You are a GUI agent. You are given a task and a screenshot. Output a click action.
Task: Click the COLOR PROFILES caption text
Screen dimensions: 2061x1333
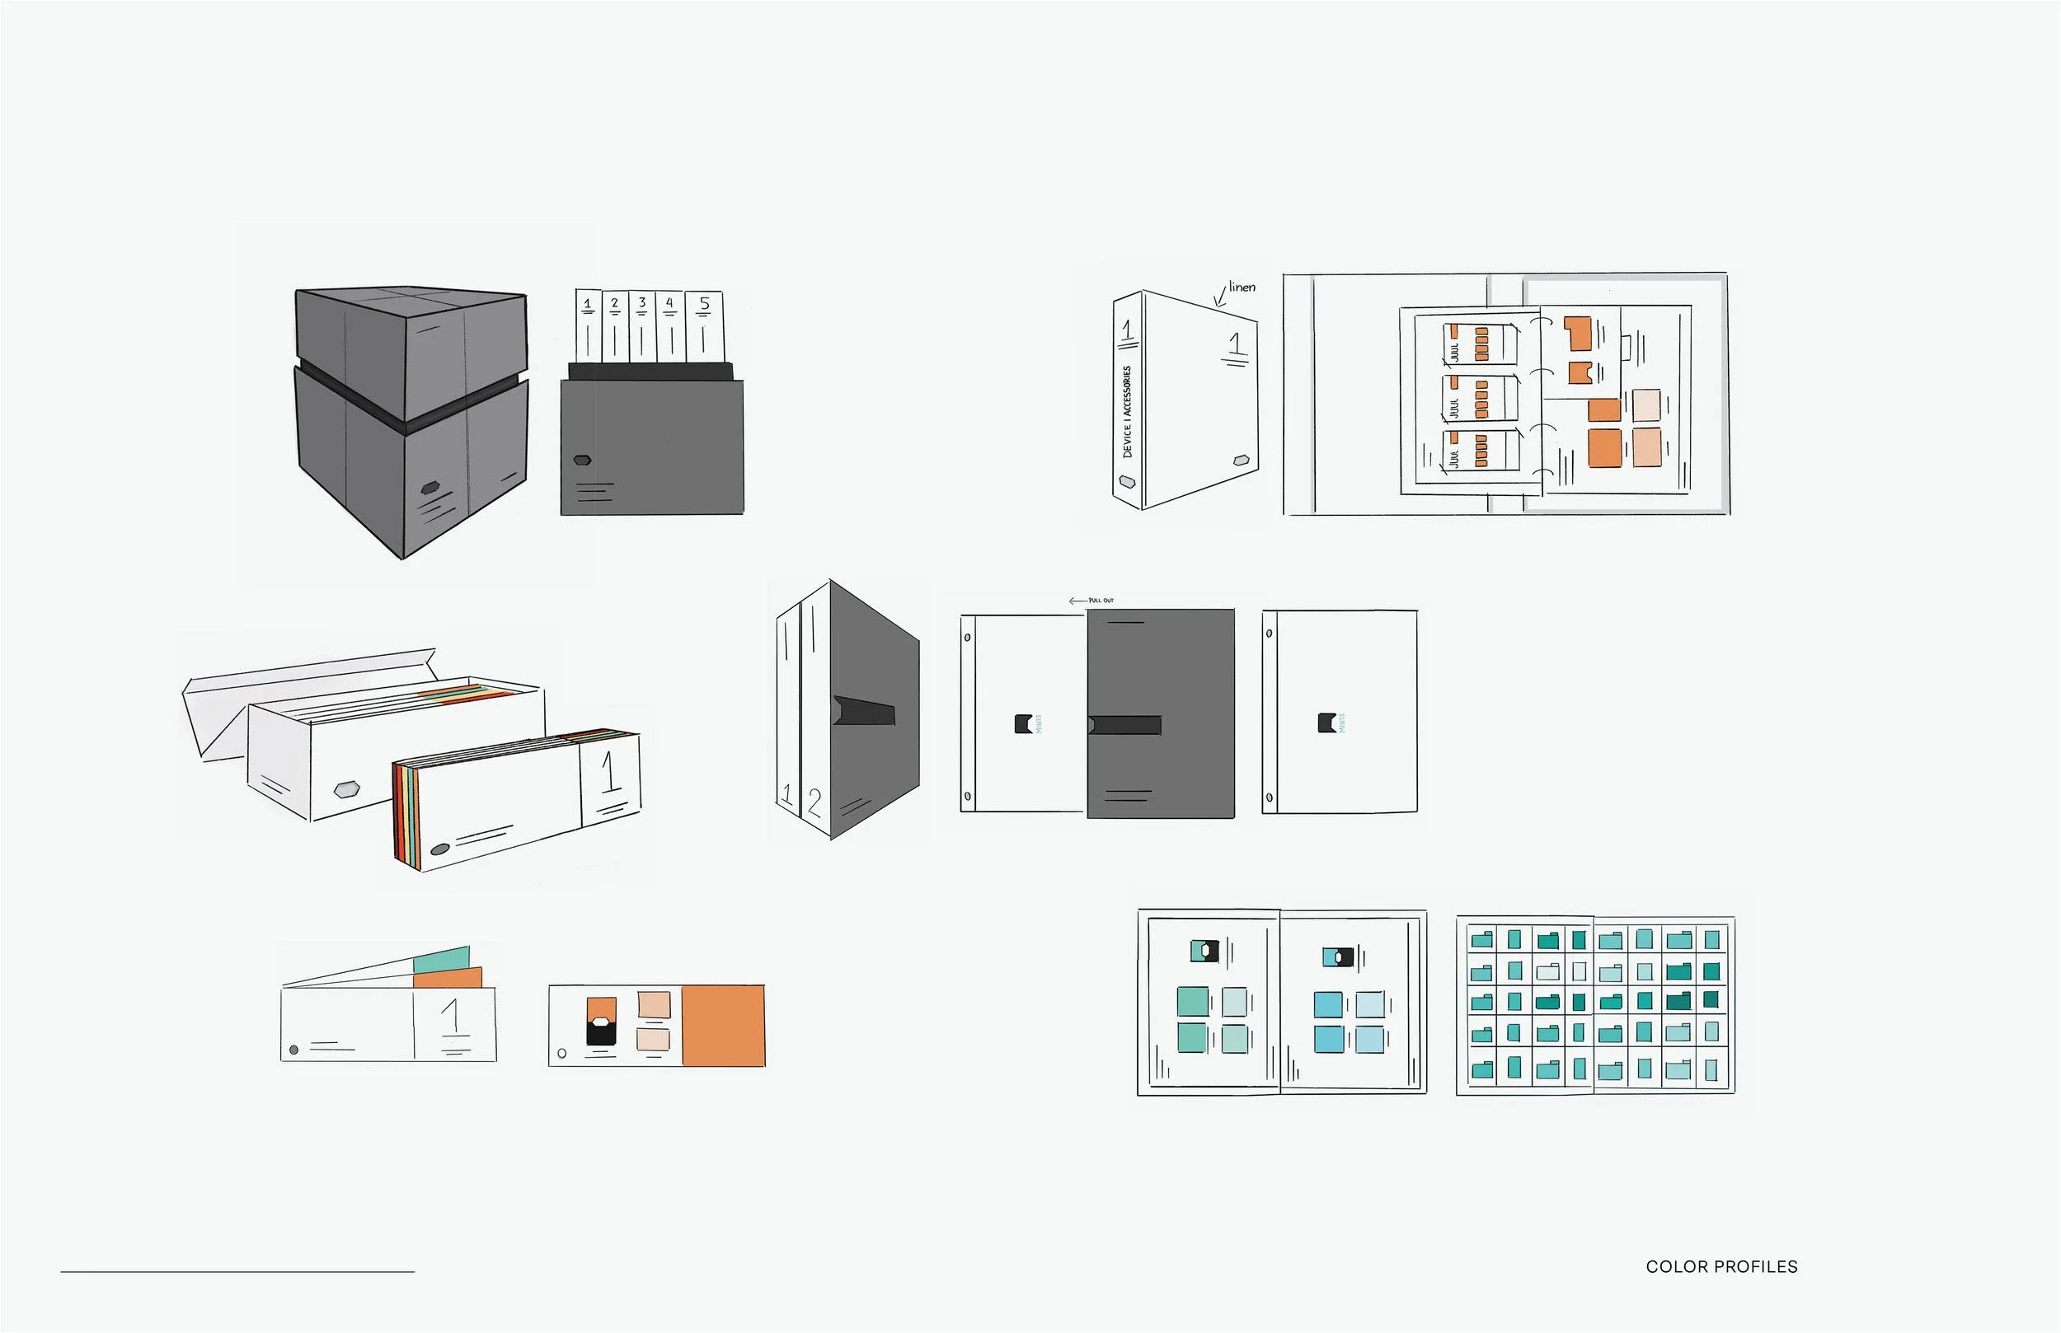pos(1721,1266)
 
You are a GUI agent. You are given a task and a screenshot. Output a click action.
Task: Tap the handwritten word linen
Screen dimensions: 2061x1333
pos(1241,288)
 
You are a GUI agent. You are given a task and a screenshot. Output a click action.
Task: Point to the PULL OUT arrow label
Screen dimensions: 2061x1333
pos(1092,600)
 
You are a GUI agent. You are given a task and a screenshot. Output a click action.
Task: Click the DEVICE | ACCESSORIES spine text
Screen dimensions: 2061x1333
pos(1127,411)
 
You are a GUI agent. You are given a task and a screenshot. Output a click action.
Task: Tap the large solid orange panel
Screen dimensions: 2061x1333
pos(723,1025)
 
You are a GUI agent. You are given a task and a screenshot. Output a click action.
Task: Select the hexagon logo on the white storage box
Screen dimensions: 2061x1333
pos(346,788)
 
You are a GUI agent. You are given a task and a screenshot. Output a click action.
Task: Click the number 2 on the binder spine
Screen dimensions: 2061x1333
pos(814,802)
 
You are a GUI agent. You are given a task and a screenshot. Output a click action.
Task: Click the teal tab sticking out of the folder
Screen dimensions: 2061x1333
pos(442,960)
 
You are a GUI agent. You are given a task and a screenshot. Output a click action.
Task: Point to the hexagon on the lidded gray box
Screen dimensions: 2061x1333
pos(430,489)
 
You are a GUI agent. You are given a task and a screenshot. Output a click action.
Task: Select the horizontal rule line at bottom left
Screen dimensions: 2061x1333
pos(237,1271)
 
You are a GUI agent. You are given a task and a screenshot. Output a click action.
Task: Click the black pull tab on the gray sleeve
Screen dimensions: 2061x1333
pos(1124,724)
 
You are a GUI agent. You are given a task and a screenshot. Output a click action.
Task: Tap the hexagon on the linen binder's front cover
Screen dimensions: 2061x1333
pos(1242,460)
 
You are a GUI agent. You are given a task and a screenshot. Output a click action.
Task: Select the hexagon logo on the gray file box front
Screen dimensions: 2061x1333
pos(583,461)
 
